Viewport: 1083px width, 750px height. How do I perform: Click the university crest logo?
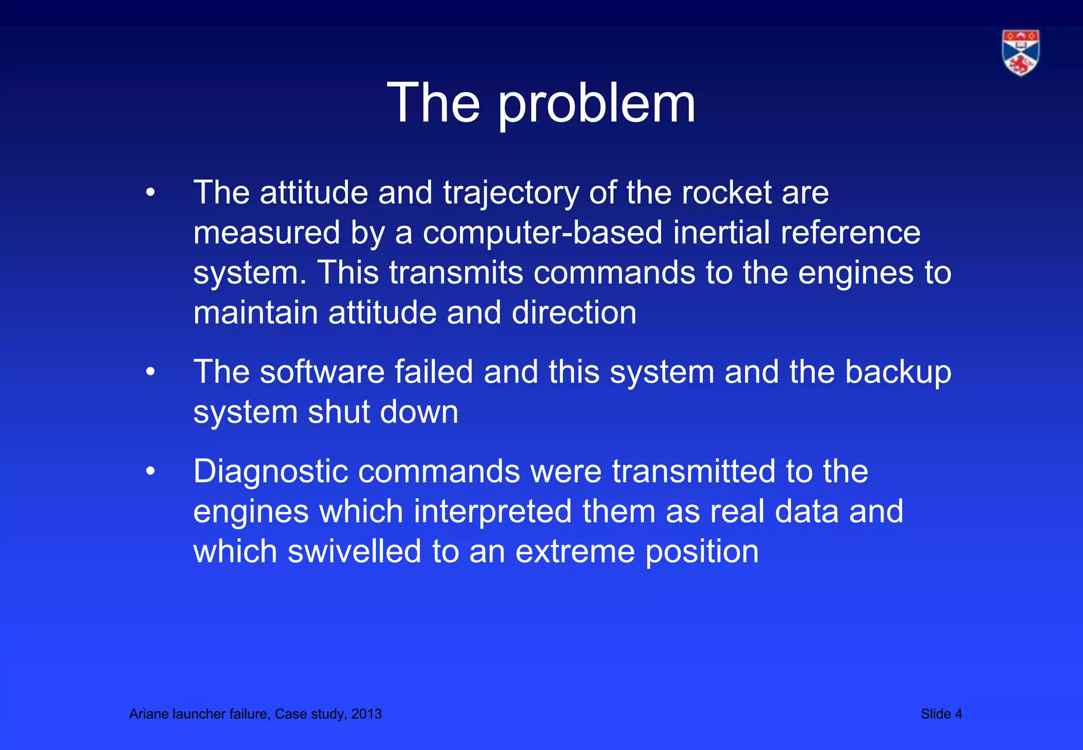pos(1021,52)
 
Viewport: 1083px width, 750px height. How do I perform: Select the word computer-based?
pos(542,233)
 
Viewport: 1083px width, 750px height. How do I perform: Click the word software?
pos(322,372)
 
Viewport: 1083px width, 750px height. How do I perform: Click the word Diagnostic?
pos(270,472)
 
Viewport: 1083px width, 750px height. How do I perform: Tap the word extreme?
pos(575,552)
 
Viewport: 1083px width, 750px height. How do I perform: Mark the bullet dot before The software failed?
pos(151,372)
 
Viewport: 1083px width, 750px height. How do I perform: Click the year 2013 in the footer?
pos(366,714)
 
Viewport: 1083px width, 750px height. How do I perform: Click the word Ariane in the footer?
pos(149,714)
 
